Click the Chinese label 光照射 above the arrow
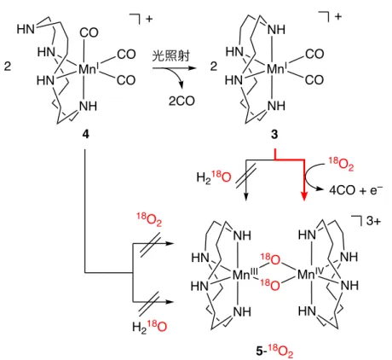click(170, 56)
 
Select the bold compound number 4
click(85, 133)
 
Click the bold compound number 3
click(274, 134)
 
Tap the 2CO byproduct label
click(182, 101)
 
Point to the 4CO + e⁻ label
click(356, 189)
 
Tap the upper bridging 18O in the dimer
click(270, 258)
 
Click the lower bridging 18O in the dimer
click(270, 284)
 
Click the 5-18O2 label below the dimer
click(274, 351)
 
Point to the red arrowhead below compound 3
click(304, 196)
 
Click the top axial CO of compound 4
click(89, 32)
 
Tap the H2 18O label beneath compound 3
click(214, 177)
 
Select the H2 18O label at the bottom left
click(149, 326)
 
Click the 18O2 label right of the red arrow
click(341, 164)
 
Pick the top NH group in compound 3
click(276, 29)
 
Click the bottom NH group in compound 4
click(88, 106)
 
